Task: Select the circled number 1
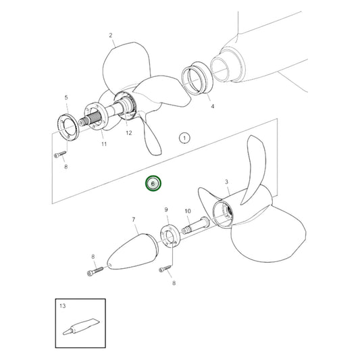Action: [x=184, y=138]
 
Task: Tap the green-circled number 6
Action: [x=153, y=184]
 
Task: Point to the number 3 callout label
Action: [x=226, y=182]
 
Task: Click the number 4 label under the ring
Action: [x=211, y=107]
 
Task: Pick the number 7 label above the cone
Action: [x=134, y=220]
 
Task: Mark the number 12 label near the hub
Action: [x=129, y=134]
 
